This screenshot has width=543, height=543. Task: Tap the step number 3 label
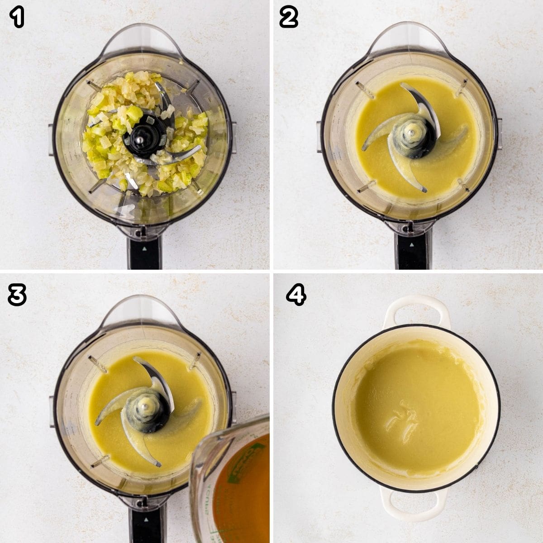point(17,295)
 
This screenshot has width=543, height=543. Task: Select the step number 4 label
point(296,295)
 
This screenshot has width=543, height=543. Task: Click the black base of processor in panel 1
point(144,251)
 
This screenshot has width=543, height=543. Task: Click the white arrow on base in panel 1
point(144,248)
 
